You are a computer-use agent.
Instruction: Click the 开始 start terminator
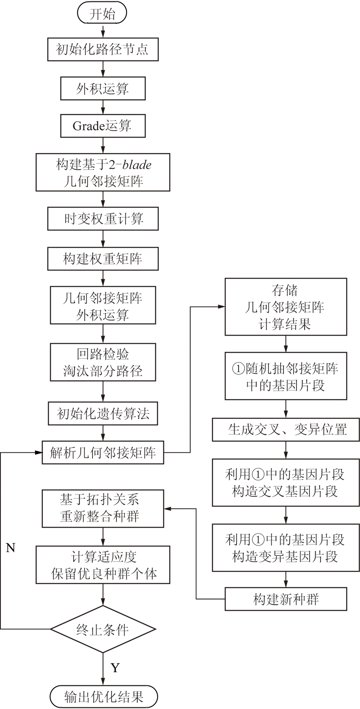tap(102, 14)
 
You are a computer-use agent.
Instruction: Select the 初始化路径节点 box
tap(103, 50)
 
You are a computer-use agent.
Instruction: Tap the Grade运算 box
tap(103, 126)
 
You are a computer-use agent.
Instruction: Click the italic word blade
tap(137, 165)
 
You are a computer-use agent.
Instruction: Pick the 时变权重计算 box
tap(103, 219)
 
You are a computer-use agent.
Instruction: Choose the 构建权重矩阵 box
tap(103, 259)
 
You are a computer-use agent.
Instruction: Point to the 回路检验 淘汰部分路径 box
tap(103, 362)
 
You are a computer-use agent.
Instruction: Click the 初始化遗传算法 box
tap(103, 414)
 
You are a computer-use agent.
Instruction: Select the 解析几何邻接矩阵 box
tap(103, 452)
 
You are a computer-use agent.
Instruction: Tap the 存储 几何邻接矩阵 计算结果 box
tap(285, 307)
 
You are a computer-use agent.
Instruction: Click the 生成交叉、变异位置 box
tap(285, 429)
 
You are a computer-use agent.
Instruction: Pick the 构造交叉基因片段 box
tap(285, 483)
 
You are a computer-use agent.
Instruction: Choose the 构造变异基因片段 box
tap(285, 548)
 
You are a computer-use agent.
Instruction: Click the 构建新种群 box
tap(285, 599)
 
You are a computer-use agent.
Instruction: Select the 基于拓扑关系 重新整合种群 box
tap(103, 508)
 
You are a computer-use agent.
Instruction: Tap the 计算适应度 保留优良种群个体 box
tap(103, 565)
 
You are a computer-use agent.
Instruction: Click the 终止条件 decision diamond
tap(103, 629)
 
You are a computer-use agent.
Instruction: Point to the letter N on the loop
tap(11, 548)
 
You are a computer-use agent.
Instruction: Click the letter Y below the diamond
tap(115, 668)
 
